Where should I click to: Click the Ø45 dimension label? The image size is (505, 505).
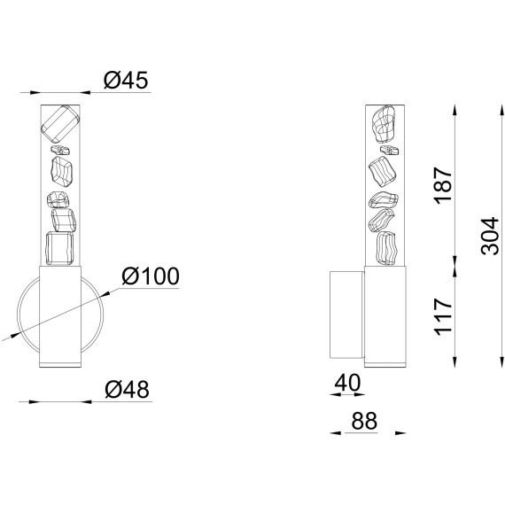[126, 80]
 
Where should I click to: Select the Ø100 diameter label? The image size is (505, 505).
[151, 276]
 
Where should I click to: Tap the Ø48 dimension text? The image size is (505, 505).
[128, 389]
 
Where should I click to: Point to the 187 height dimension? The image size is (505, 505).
[443, 185]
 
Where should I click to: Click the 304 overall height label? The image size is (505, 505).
[490, 236]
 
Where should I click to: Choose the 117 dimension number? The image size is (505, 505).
[443, 317]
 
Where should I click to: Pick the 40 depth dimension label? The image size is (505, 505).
[347, 382]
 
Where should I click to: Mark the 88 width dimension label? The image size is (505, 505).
[364, 421]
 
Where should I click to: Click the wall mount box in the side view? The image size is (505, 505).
[347, 315]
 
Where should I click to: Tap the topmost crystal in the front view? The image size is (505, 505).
[60, 124]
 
